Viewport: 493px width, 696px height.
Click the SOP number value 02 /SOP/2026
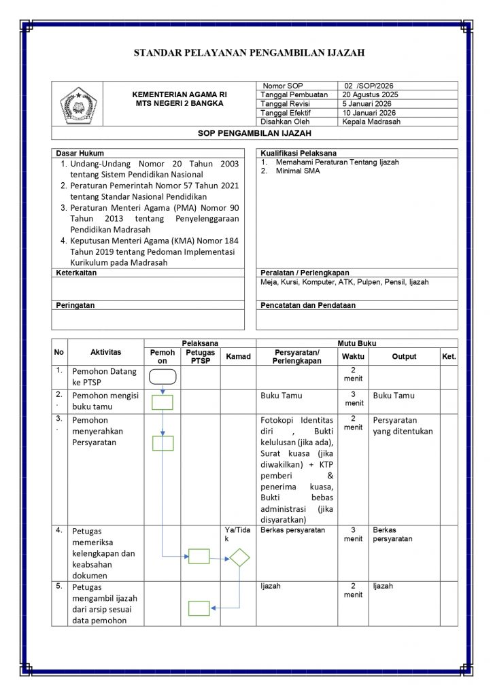pos(369,86)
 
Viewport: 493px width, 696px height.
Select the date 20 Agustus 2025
pos(371,94)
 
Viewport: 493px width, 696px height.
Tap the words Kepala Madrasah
pos(372,122)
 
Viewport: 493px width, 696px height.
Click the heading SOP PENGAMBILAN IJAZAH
pos(254,133)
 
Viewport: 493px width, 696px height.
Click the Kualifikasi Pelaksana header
pos(299,154)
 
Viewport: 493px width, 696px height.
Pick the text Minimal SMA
pos(298,171)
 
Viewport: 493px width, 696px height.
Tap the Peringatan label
pos(75,306)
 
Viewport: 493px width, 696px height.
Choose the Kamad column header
pos(238,356)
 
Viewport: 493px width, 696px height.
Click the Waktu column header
pos(353,356)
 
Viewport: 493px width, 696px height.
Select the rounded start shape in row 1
pos(163,377)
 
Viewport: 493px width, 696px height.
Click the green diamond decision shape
pos(239,558)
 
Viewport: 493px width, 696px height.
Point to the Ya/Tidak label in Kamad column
pos(237,534)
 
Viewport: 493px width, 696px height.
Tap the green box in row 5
pos(199,608)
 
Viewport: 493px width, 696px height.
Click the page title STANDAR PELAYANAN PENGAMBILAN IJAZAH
pos(249,52)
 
